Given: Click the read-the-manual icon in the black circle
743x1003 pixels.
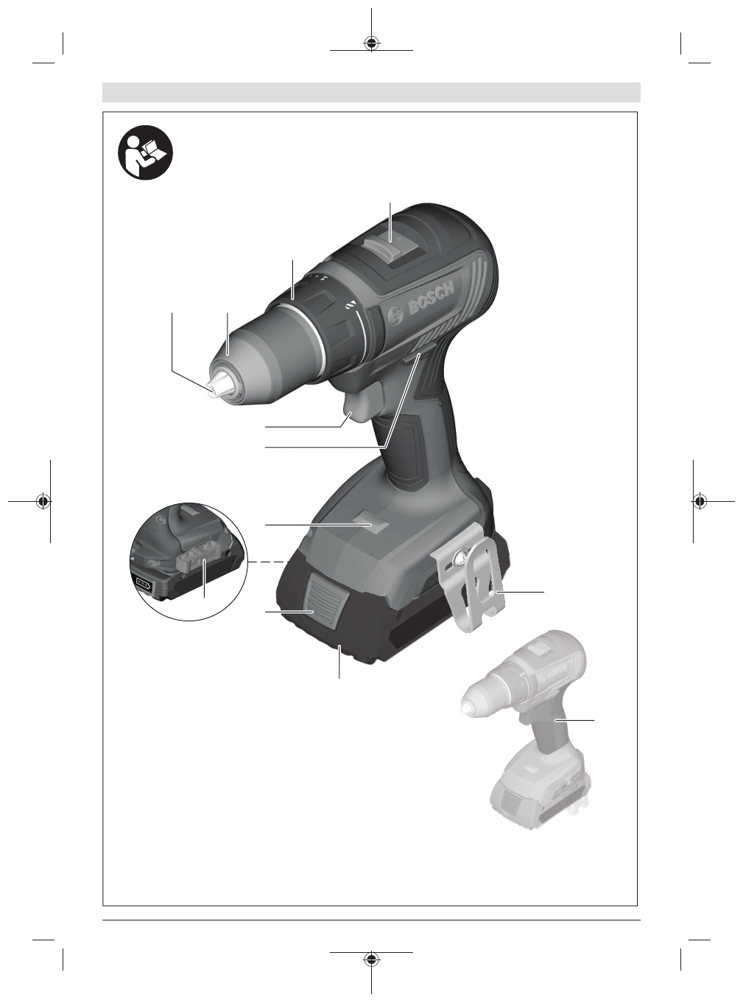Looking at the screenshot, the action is pos(145,153).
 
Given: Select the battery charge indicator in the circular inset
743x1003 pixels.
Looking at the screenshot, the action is pos(142,584).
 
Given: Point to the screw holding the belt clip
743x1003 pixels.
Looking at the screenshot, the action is pos(460,559).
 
